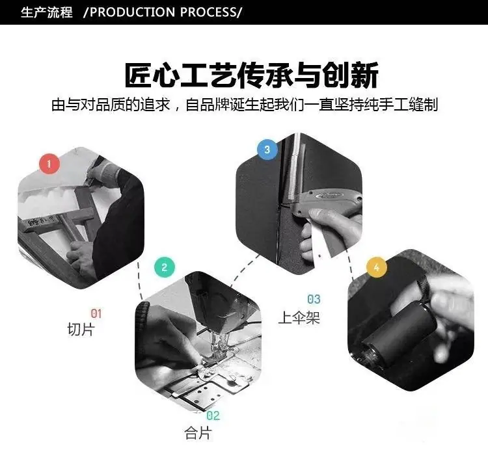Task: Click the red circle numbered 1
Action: tap(49, 164)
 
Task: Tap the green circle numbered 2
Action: tap(165, 267)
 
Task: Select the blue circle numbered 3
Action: tap(267, 150)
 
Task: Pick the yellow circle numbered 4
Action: tap(377, 267)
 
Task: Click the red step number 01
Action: tap(96, 313)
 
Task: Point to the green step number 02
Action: tap(213, 415)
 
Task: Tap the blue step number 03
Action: tap(314, 299)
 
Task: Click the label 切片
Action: tap(81, 330)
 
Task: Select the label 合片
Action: tap(198, 433)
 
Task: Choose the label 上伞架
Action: tap(299, 317)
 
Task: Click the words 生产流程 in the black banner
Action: tap(47, 12)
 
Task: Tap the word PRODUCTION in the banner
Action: tap(132, 12)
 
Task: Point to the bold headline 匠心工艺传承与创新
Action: tap(251, 75)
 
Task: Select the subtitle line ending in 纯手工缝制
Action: tap(245, 105)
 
